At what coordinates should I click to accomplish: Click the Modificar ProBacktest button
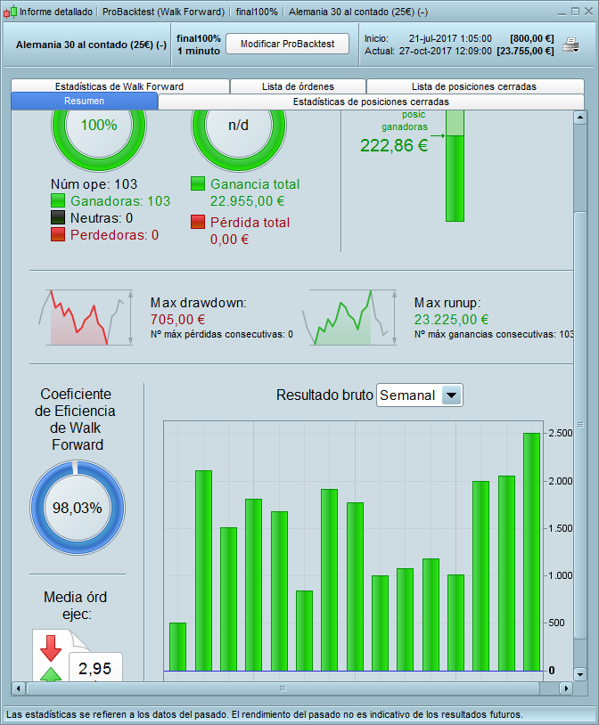pos(286,44)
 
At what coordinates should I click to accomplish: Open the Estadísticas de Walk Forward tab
pos(119,86)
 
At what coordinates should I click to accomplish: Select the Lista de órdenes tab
pos(298,86)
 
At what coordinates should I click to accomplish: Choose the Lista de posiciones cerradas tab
pos(474,86)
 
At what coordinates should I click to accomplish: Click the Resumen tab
pos(85,102)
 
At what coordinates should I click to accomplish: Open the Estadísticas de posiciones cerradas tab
pos(372,102)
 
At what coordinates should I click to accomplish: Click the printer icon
pos(570,45)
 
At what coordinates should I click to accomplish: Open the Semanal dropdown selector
pos(420,395)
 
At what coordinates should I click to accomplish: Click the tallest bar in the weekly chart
pos(531,551)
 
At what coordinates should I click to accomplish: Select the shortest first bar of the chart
pos(177,646)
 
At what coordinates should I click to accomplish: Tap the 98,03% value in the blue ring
pos(78,508)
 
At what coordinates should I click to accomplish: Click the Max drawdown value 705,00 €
pos(177,320)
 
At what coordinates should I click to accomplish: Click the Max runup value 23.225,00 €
pos(451,320)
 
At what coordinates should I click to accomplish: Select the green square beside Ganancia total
pos(199,184)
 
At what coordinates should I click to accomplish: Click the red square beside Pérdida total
pos(199,223)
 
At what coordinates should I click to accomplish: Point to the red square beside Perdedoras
pos(58,234)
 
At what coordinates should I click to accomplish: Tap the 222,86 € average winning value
pos(394,146)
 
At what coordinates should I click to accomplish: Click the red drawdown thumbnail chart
pos(78,318)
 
